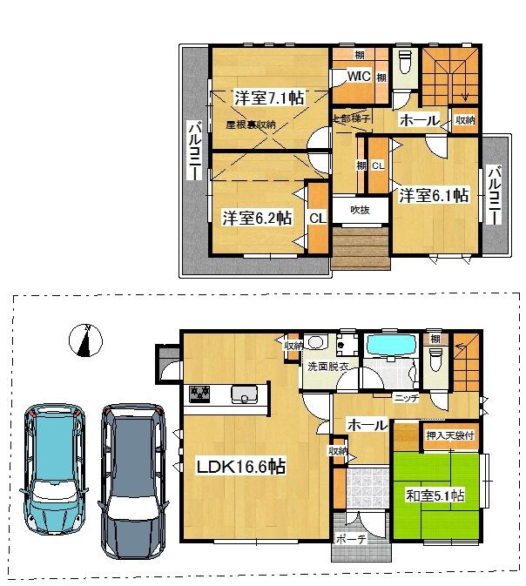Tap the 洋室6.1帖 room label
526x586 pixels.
point(434,195)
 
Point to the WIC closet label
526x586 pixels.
point(360,77)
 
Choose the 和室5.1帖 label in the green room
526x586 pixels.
point(434,495)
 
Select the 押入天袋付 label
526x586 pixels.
point(450,434)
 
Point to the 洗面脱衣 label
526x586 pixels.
point(327,367)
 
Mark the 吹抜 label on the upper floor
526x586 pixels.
point(360,209)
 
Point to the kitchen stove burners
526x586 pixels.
point(199,394)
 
